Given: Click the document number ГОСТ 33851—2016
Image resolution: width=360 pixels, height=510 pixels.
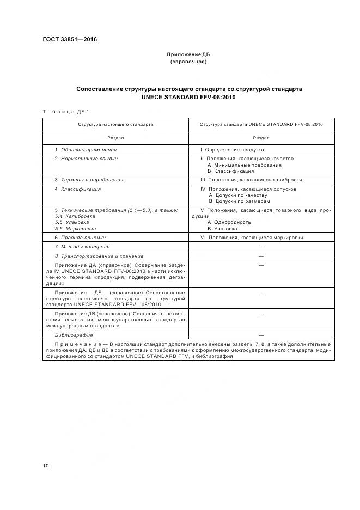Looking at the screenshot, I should tap(66, 39).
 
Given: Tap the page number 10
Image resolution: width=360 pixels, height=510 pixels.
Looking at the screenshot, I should tap(45, 466).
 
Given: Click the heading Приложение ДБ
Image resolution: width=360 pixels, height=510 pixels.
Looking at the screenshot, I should tap(188, 55).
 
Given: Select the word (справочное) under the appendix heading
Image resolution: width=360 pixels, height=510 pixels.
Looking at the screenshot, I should tap(188, 62).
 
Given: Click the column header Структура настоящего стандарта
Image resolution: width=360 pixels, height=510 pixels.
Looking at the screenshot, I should tap(115, 125).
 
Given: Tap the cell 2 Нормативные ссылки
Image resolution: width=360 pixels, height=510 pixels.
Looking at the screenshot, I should tap(86, 159).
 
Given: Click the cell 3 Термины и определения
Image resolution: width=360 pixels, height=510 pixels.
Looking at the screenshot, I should tap(89, 179).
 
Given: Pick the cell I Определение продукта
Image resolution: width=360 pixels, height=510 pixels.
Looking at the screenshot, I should tap(232, 149).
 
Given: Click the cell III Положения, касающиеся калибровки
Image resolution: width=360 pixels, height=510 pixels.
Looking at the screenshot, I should tap(251, 179).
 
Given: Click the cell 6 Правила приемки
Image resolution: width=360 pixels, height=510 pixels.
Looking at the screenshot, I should tap(80, 238).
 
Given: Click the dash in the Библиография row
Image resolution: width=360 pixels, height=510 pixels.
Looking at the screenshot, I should tap(261, 335).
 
